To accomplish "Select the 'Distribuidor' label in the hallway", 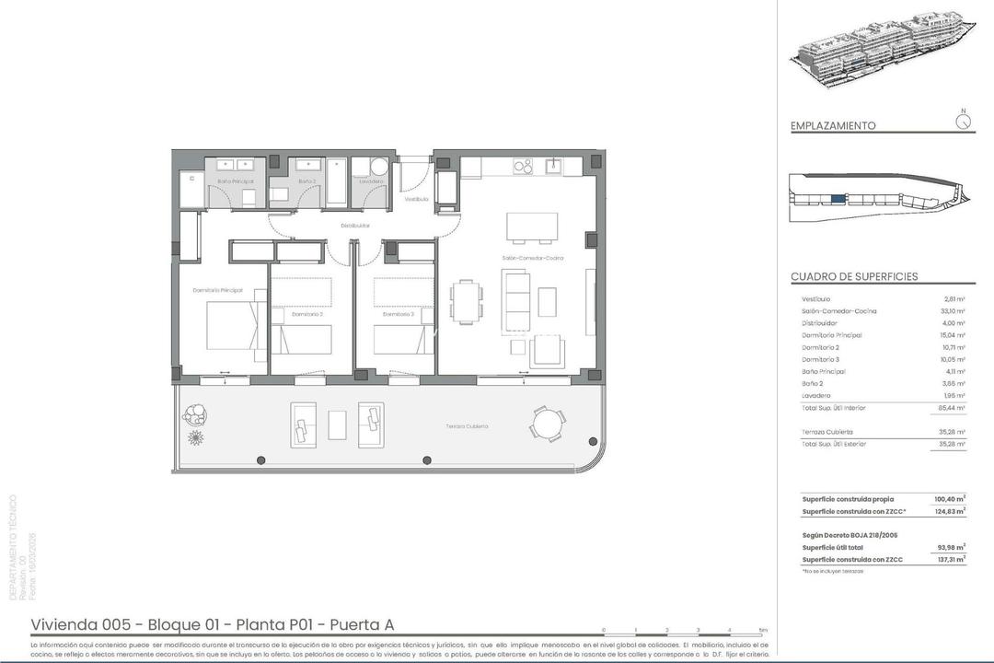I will click(x=355, y=225).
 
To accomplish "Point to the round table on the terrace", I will click(x=548, y=425).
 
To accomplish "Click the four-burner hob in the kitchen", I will click(x=523, y=167).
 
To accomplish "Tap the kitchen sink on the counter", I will click(x=554, y=167).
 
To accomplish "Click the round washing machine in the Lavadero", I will click(x=378, y=167).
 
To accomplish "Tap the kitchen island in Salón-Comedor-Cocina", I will click(x=532, y=227).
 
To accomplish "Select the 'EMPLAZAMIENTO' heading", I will click(x=833, y=126).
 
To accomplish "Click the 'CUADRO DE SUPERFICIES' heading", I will click(x=854, y=276).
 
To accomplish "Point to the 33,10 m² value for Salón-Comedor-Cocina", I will click(x=954, y=311).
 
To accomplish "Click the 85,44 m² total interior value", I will click(x=953, y=407).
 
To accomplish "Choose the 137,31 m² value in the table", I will click(x=952, y=560).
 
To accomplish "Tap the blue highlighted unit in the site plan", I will click(x=837, y=198).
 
